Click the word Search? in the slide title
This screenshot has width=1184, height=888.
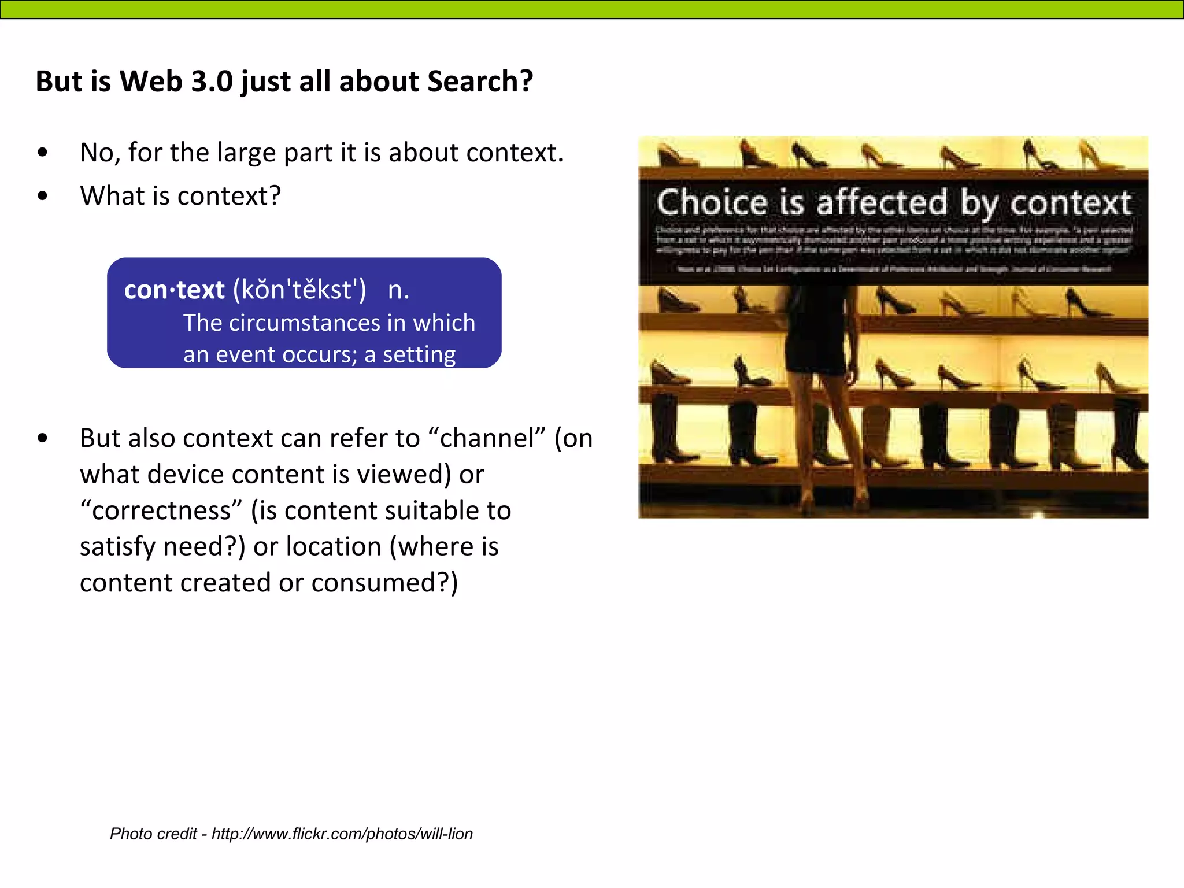pos(480,81)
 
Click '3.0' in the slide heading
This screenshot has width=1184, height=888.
pos(212,81)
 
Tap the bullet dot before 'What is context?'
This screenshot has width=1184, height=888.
pos(42,196)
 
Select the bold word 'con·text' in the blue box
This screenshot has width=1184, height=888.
pos(174,289)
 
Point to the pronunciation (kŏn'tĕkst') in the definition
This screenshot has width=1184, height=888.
pos(299,289)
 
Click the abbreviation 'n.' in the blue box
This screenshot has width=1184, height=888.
pos(398,289)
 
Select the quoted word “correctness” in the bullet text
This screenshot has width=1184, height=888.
pos(161,510)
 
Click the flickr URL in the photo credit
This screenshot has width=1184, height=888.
pos(342,834)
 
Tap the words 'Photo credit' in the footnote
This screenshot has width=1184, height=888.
pos(154,834)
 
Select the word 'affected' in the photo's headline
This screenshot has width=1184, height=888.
pos(881,203)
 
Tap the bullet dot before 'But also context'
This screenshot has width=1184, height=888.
pos(42,438)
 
